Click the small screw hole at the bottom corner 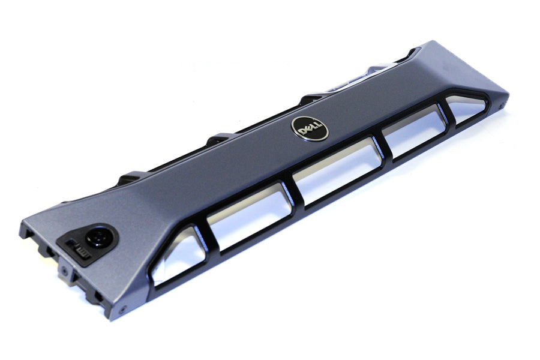122,311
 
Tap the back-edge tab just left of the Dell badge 312,97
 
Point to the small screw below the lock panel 63,270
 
